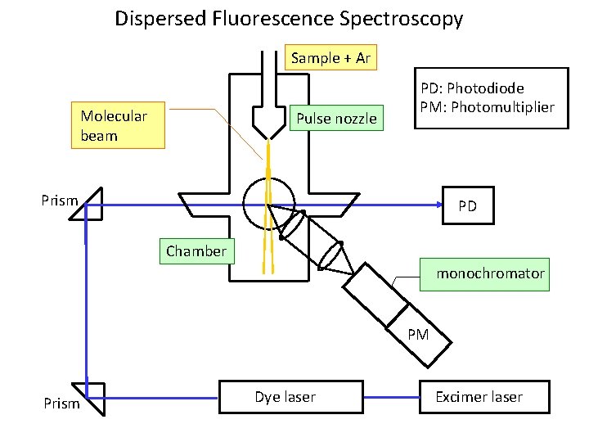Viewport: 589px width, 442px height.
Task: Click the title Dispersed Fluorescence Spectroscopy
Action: pyautogui.click(x=289, y=18)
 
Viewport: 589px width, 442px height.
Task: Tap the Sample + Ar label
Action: pyautogui.click(x=332, y=58)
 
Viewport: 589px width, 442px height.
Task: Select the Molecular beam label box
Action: pyautogui.click(x=118, y=125)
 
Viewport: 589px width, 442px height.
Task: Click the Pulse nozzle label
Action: pyautogui.click(x=336, y=119)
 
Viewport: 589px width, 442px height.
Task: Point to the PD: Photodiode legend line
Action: pyautogui.click(x=472, y=88)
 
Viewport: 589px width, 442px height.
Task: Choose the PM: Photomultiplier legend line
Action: pyautogui.click(x=487, y=107)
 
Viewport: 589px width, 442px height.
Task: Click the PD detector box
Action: pyautogui.click(x=467, y=206)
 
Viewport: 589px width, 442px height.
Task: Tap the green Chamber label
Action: pyautogui.click(x=196, y=251)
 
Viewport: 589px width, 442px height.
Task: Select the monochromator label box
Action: pyautogui.click(x=484, y=273)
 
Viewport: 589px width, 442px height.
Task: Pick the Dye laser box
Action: pyautogui.click(x=290, y=397)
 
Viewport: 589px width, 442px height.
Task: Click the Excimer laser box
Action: pyautogui.click(x=479, y=397)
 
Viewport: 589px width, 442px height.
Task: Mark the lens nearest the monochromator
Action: pyautogui.click(x=330, y=254)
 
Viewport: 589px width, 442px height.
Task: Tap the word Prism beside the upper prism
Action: pyautogui.click(x=60, y=201)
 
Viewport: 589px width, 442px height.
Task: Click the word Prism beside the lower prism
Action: pyautogui.click(x=61, y=403)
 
